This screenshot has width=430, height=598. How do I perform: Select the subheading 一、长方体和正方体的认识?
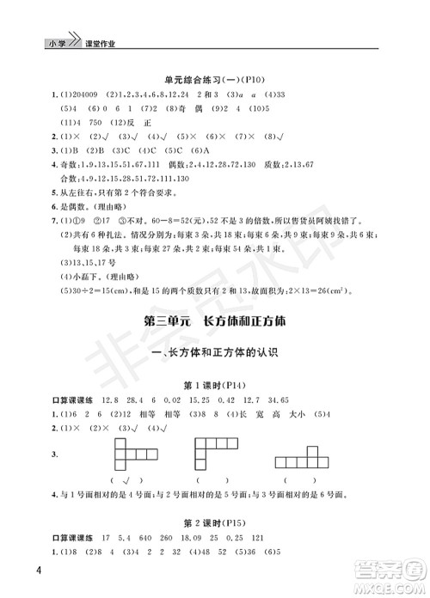coord(215,352)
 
